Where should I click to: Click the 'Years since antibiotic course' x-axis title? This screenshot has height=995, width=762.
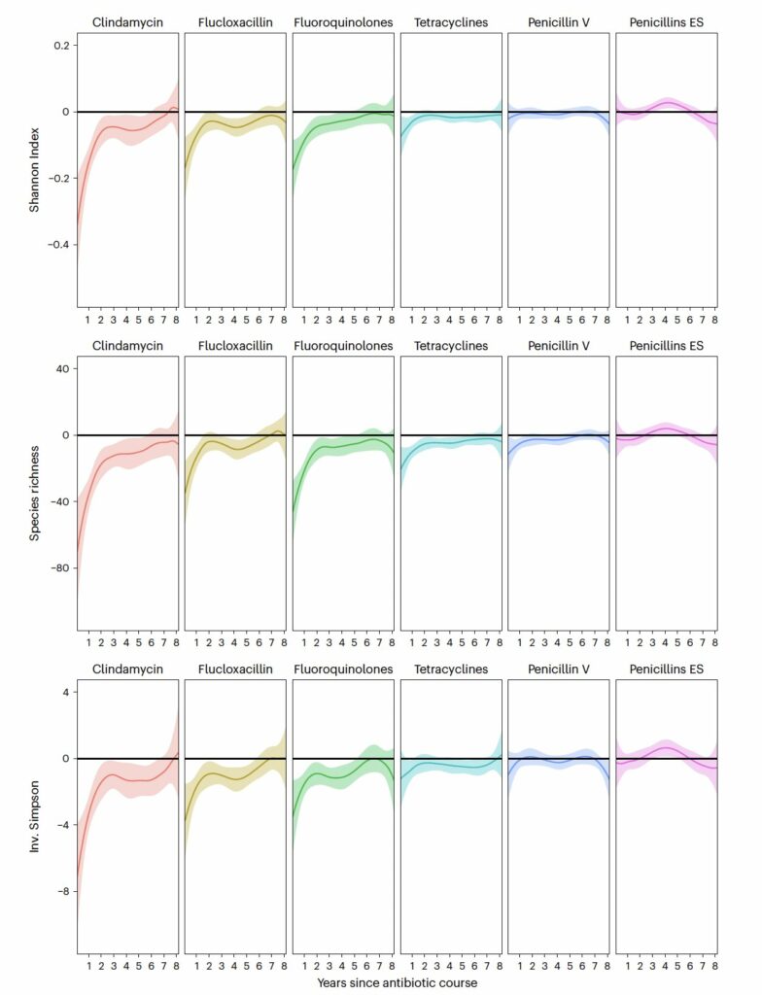396,983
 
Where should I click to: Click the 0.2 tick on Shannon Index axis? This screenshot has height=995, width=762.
59,46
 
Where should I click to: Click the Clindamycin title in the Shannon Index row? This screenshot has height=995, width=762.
127,21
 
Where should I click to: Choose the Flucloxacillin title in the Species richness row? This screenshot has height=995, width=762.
235,346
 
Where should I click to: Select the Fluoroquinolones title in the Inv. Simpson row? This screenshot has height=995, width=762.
343,669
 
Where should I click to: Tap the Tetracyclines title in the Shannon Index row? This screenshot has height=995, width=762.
451,21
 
